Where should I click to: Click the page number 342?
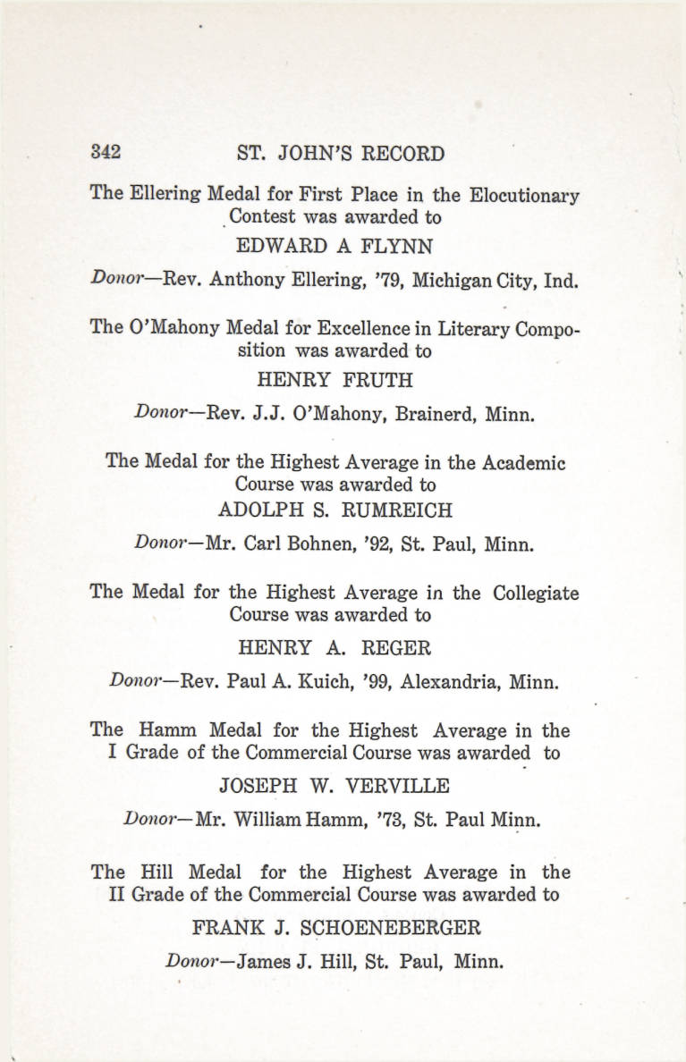(106, 152)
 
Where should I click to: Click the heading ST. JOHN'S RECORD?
(341, 153)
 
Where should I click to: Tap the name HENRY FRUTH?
(335, 380)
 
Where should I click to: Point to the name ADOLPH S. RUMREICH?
(335, 510)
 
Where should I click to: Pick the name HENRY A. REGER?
(335, 647)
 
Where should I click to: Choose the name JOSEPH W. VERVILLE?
(335, 786)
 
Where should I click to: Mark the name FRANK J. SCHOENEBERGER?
(335, 927)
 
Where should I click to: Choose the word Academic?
(523, 462)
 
